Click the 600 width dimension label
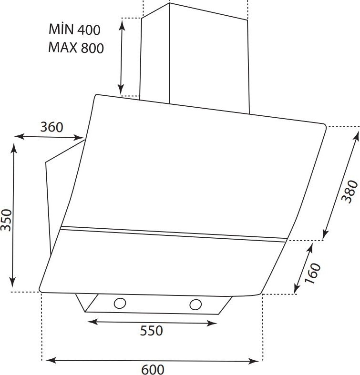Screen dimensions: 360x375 coord(153,369)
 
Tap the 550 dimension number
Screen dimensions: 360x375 coord(151,331)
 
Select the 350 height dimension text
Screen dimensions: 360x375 coord(6,220)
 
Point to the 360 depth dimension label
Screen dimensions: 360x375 coord(51,127)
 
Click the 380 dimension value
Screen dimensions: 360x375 coord(350,192)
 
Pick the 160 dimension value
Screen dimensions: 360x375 coord(312,274)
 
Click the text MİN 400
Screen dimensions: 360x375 coord(74,29)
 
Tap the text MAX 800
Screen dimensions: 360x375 coord(76,48)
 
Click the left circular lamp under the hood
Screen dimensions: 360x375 coord(120,303)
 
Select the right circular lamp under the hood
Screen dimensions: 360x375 coord(195,304)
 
